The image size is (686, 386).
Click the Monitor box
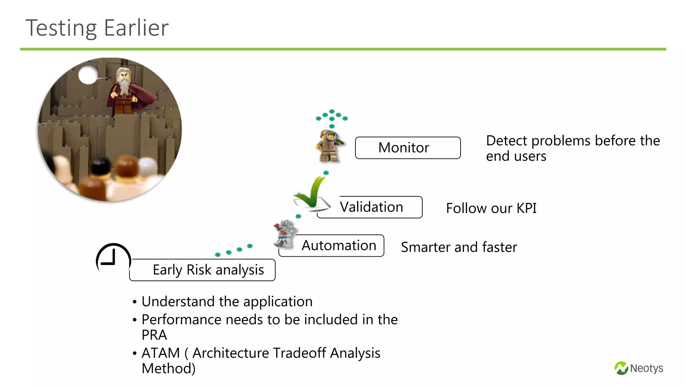(x=408, y=148)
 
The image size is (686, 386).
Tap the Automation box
(x=339, y=246)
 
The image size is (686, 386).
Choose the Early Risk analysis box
(x=208, y=270)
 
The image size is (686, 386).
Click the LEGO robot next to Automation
(x=285, y=234)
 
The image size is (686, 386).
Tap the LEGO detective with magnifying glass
(x=330, y=146)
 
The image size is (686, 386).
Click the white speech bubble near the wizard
(x=88, y=75)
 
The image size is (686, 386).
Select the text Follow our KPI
(x=491, y=208)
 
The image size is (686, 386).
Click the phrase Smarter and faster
(x=459, y=247)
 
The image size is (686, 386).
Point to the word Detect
(x=506, y=141)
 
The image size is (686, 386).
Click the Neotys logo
(x=639, y=368)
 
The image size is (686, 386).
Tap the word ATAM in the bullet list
(x=161, y=353)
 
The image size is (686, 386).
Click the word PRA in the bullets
(x=154, y=335)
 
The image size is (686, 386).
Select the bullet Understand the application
(x=227, y=302)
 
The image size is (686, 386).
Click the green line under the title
(x=343, y=49)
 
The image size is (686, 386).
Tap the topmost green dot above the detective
(x=332, y=111)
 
